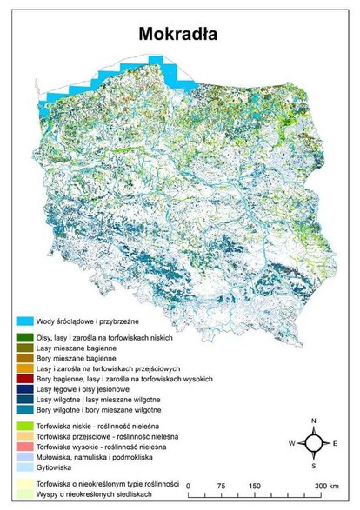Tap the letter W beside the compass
[290, 442]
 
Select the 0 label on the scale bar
[198, 486]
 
